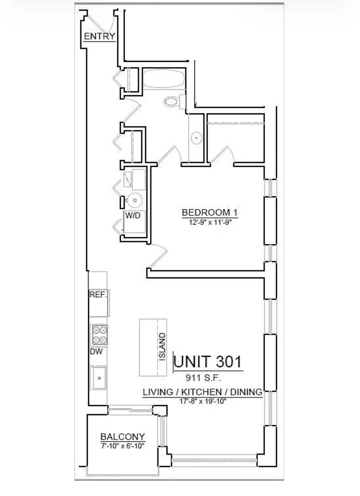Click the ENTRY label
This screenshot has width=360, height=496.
(100, 36)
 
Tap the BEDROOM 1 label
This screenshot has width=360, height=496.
(210, 213)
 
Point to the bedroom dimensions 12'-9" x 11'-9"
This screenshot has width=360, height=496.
(210, 222)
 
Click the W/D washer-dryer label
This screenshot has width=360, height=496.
(133, 215)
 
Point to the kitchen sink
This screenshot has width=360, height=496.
(99, 378)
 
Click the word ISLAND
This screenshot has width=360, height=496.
(162, 347)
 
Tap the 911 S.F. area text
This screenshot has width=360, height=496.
(203, 378)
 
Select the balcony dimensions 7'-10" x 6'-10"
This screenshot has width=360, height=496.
(123, 446)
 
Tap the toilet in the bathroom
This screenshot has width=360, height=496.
(174, 102)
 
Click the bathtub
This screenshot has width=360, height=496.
(164, 79)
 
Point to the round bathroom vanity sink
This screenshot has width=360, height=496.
(196, 138)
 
